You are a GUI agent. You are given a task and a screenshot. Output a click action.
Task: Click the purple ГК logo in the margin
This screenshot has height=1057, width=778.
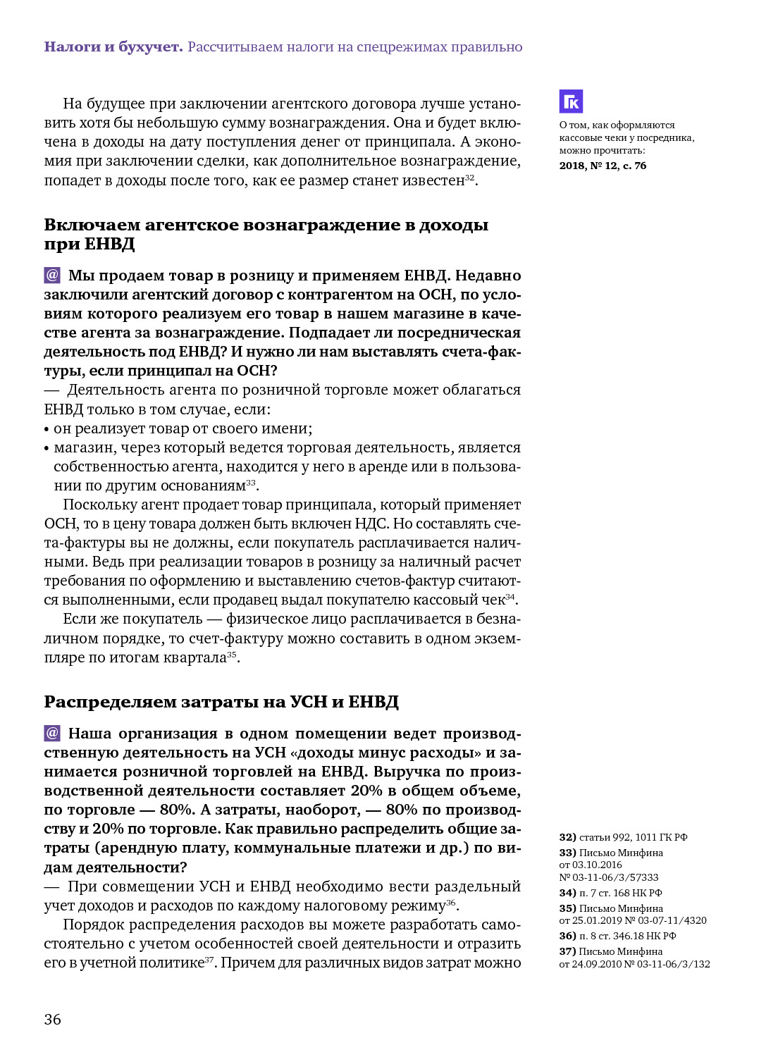pos(571,101)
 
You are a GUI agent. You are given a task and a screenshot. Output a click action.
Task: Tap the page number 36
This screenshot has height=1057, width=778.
pos(53,1019)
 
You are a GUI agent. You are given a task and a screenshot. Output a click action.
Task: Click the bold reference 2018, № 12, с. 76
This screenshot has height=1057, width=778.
pos(603,166)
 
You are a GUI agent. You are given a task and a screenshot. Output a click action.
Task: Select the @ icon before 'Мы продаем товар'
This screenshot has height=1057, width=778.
pos(52,275)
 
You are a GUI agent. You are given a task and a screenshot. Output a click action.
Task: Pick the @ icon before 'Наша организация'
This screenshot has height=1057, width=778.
pos(52,733)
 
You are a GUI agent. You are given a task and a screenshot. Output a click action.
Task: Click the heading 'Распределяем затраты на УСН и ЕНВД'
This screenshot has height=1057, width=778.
pos(221,702)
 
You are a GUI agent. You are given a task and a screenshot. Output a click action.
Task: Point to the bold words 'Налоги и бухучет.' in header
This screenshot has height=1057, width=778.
pos(113,47)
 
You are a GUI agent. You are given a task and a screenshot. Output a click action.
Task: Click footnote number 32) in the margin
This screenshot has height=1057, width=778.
pos(567,837)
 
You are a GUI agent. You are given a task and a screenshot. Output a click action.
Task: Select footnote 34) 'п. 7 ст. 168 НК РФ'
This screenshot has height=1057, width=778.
pos(610,893)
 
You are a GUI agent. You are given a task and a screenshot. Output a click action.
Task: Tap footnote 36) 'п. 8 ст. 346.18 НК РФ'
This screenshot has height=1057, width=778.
pos(617,936)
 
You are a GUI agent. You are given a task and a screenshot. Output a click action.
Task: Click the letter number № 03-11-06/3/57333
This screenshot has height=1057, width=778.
pos(609,877)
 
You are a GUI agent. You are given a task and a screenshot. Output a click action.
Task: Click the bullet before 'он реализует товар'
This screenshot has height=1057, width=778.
pos(47,429)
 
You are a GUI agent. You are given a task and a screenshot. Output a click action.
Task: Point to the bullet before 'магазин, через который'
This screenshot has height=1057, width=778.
pos(47,448)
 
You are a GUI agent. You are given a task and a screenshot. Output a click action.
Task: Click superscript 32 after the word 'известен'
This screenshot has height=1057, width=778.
pos(469,178)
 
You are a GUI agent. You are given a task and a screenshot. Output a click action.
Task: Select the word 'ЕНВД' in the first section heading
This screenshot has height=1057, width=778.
pos(110,244)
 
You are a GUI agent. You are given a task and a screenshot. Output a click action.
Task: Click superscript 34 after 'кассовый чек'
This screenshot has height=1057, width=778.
pos(510,597)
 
